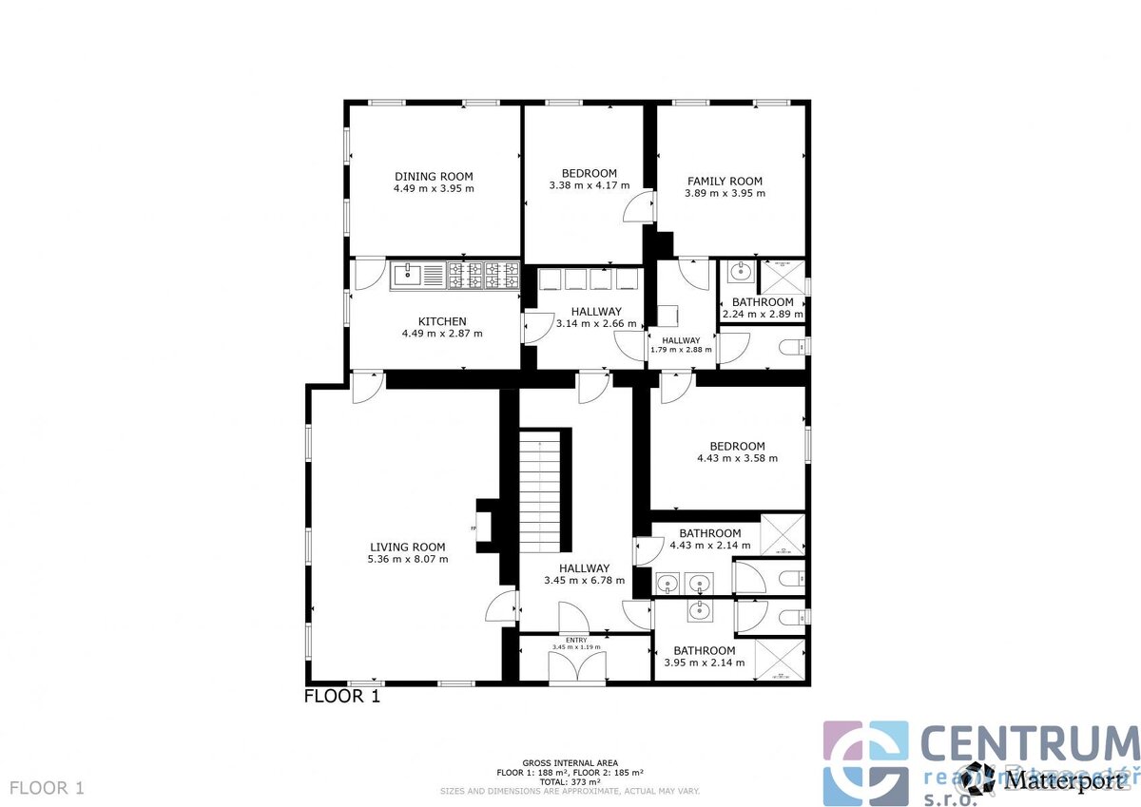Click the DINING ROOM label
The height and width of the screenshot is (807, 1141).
(x=434, y=176)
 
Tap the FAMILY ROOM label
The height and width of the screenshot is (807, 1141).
(x=725, y=181)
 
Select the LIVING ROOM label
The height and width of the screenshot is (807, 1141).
(x=407, y=547)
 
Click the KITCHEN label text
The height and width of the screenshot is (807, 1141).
(x=442, y=321)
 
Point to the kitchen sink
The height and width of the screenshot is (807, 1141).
(x=407, y=276)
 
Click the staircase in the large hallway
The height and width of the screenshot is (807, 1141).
(x=544, y=490)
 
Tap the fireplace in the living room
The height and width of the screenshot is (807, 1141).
(x=485, y=526)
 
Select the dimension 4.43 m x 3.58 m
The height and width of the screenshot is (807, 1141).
(x=737, y=458)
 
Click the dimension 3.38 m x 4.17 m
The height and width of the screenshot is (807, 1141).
(x=590, y=185)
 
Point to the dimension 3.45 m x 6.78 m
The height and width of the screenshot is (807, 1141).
(x=584, y=580)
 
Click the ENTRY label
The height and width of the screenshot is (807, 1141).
(x=576, y=640)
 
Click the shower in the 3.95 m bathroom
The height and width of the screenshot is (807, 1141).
(x=780, y=660)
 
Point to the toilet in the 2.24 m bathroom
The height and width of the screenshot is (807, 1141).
(x=791, y=349)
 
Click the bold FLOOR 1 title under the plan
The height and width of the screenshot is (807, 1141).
(x=342, y=696)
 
